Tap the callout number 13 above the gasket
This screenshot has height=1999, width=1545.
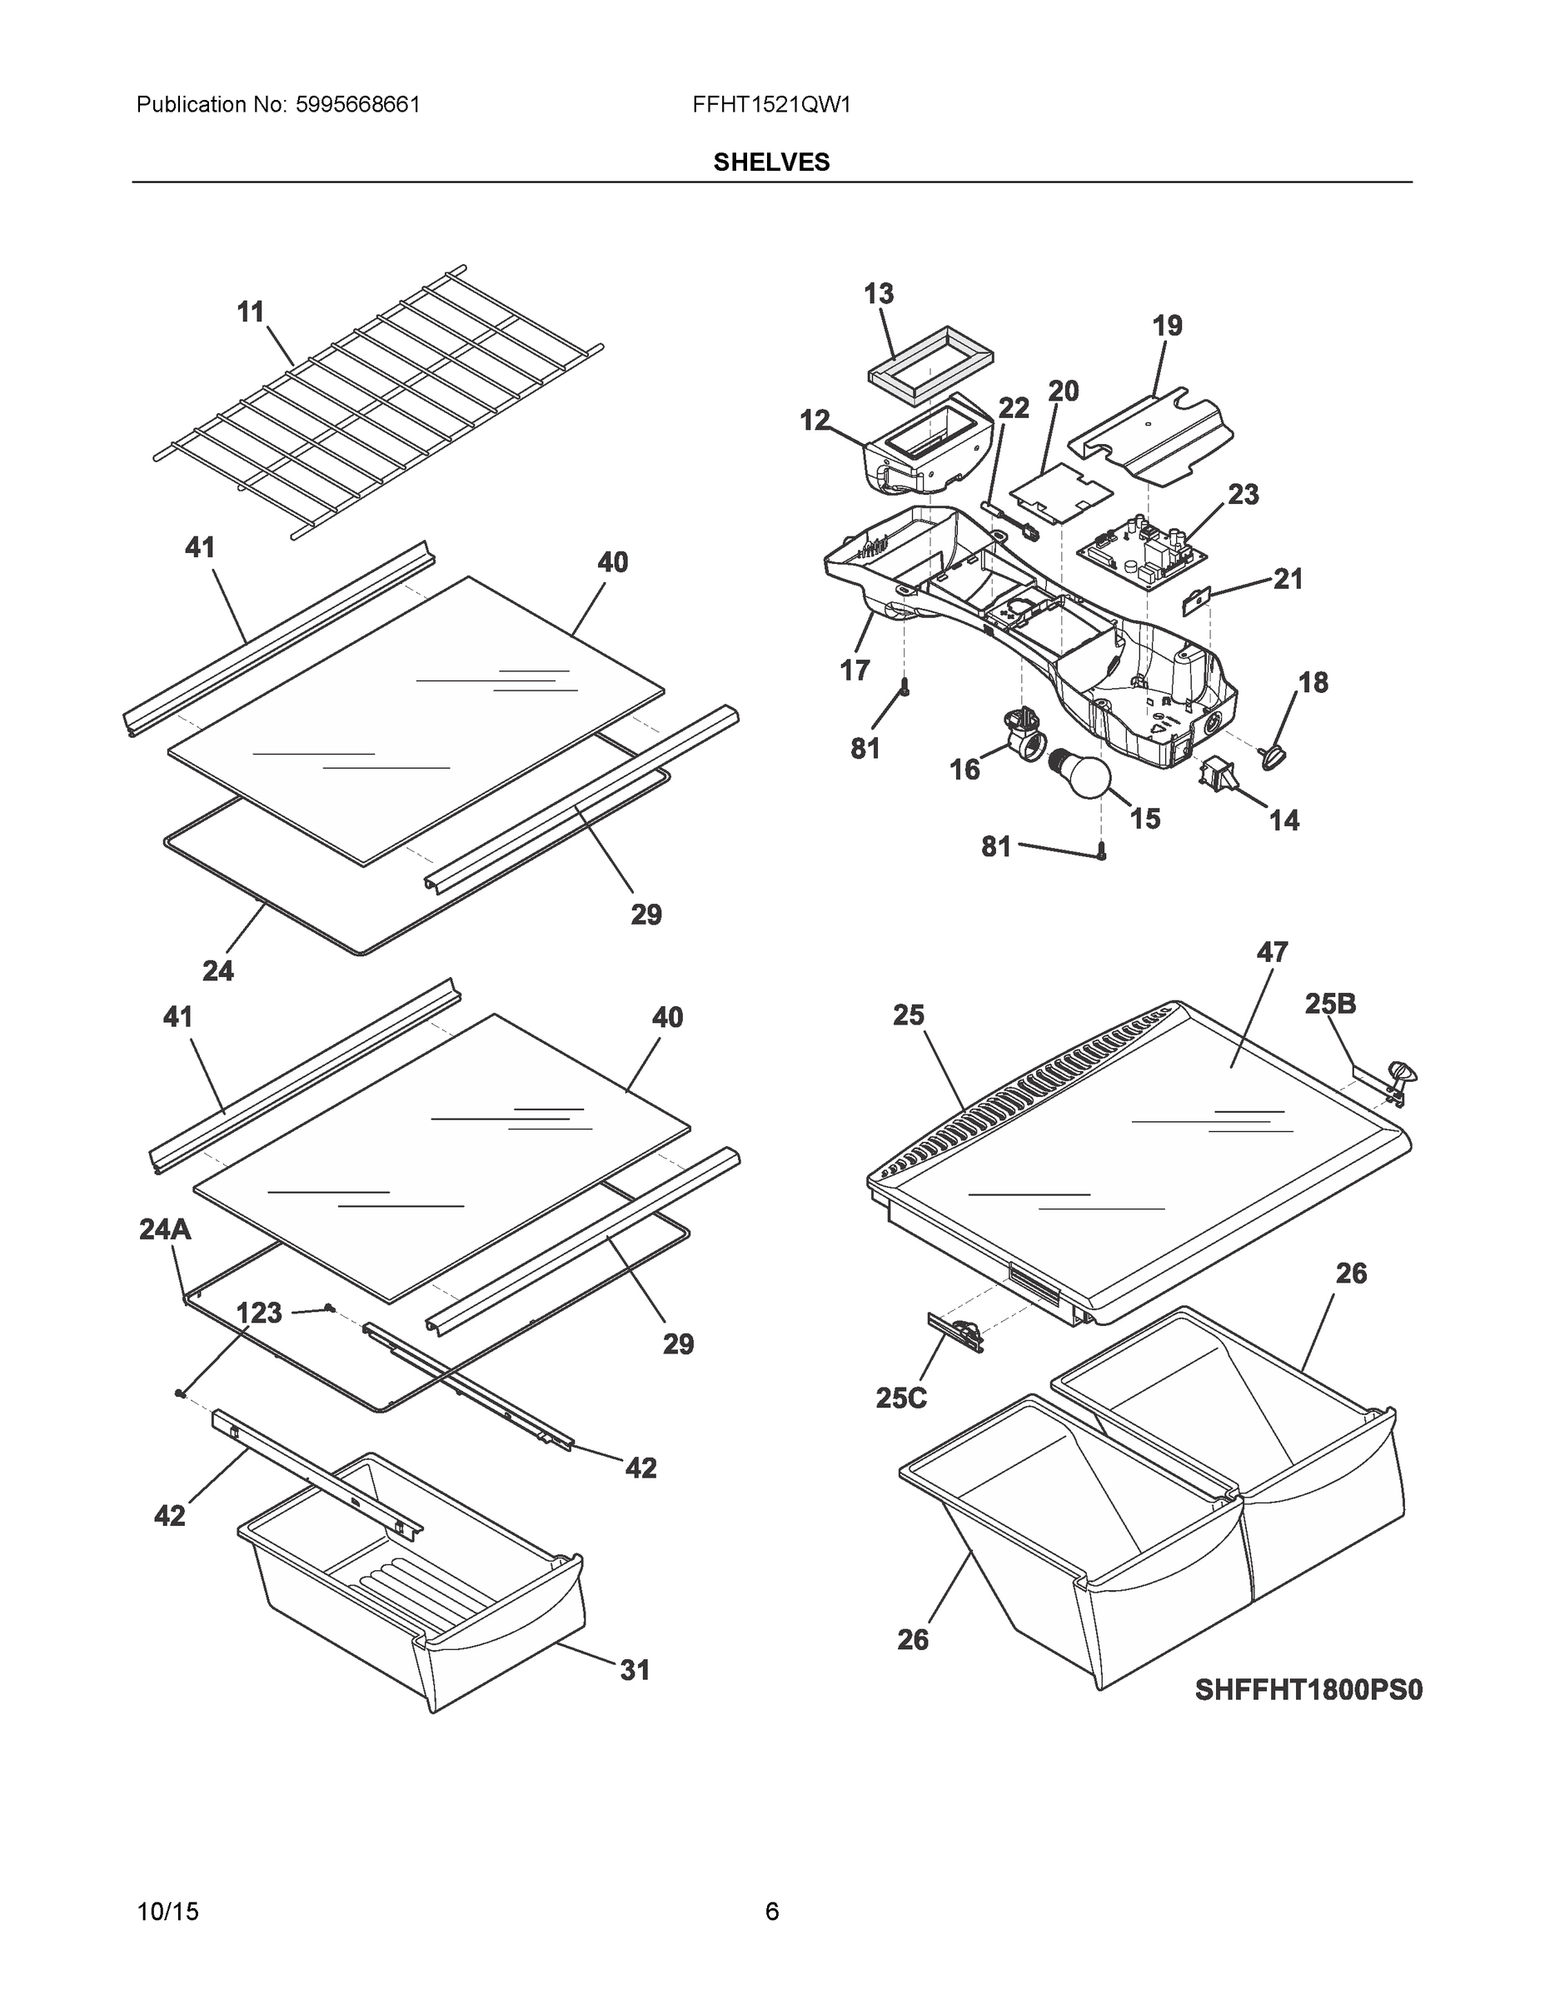point(879,294)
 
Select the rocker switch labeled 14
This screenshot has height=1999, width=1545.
point(1215,775)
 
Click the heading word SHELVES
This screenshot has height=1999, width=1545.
point(771,162)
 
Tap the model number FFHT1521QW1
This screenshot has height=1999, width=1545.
point(771,104)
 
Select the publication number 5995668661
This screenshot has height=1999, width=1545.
point(358,104)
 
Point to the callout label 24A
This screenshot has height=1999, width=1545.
point(166,1229)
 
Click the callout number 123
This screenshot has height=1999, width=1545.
point(259,1313)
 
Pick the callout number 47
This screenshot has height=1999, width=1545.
point(1273,952)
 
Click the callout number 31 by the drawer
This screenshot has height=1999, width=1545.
point(635,1669)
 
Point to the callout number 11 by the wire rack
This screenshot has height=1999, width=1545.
point(251,312)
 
